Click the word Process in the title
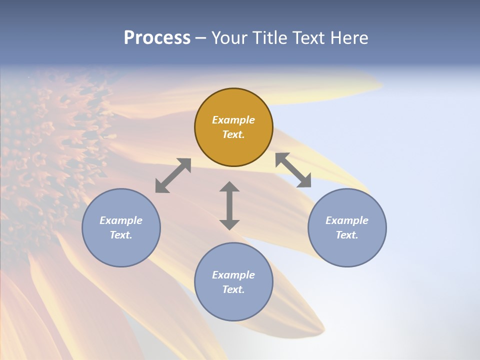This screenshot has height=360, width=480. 157,38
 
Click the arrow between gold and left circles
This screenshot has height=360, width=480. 173,175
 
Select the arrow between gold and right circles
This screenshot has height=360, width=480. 293,170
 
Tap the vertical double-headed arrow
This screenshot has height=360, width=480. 229,205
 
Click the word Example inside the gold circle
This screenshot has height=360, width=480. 233,120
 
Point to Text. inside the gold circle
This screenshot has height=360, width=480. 233,134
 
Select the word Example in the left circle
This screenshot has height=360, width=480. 121,220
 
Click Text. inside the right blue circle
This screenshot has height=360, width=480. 347,235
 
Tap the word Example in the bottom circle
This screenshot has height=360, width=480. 233,275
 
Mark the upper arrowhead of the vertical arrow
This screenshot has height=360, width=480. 229,187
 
